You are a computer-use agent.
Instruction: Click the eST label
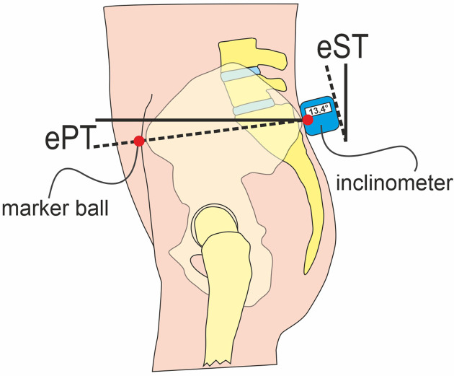point(343,48)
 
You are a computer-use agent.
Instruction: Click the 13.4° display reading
point(318,111)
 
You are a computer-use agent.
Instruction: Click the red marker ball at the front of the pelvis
point(139,141)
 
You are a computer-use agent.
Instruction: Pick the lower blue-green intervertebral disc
point(253,108)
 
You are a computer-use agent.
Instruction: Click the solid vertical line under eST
point(346,101)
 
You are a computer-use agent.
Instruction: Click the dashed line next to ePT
point(216,131)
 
